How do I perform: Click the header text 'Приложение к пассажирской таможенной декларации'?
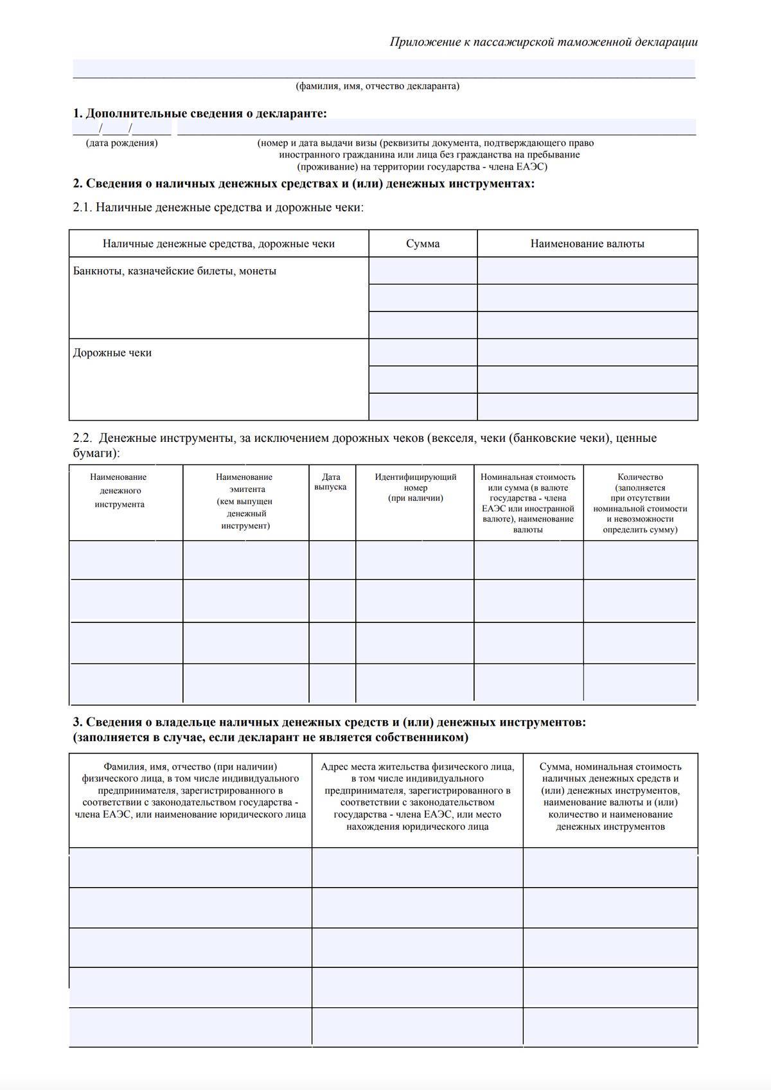coord(543,42)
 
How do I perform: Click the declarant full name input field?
coord(384,68)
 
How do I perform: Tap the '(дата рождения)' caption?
coord(121,143)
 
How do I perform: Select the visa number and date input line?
coord(436,127)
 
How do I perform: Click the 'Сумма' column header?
coord(423,244)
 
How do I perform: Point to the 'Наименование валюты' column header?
coord(587,244)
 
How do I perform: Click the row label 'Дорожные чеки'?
coord(112,353)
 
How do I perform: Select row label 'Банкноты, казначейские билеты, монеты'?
coord(175,271)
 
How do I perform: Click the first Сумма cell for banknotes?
coord(423,271)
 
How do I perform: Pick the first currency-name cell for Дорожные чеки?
coord(587,353)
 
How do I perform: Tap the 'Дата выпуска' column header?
coord(331,482)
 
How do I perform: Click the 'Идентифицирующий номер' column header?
coord(415,487)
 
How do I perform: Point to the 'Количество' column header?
coord(640,477)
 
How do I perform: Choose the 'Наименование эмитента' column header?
coord(245,501)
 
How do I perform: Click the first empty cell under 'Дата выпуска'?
coord(332,560)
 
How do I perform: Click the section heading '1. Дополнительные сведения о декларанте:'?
coord(200,114)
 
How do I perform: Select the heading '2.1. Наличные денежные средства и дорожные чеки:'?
coord(218,208)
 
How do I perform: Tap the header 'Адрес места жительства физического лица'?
coord(417,767)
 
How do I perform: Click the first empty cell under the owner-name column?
coord(190,868)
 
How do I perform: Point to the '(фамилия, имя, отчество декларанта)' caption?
coord(377,86)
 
